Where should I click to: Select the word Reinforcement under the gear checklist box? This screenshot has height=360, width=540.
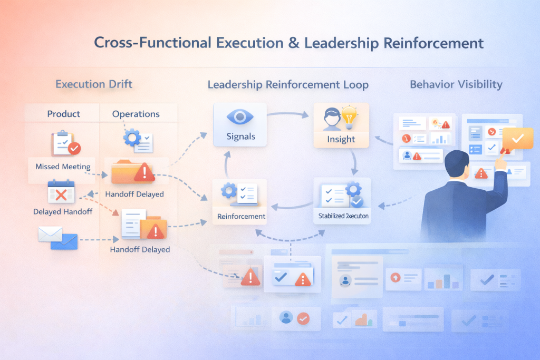tap(241, 217)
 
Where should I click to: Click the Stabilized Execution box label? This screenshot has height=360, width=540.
tap(343, 216)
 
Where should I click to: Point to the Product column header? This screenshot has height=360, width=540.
tap(63, 114)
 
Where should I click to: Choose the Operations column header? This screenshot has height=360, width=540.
tap(136, 114)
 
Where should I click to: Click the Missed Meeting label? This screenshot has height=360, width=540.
tap(63, 167)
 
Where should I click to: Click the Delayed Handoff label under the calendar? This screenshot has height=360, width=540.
tap(63, 212)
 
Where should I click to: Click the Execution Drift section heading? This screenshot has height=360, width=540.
tap(94, 84)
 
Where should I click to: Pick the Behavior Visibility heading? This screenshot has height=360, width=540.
tap(456, 84)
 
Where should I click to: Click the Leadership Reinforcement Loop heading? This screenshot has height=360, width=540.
tap(288, 85)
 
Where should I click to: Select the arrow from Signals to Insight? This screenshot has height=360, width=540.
tap(289, 112)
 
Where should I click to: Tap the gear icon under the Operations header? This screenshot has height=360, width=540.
tap(132, 138)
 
